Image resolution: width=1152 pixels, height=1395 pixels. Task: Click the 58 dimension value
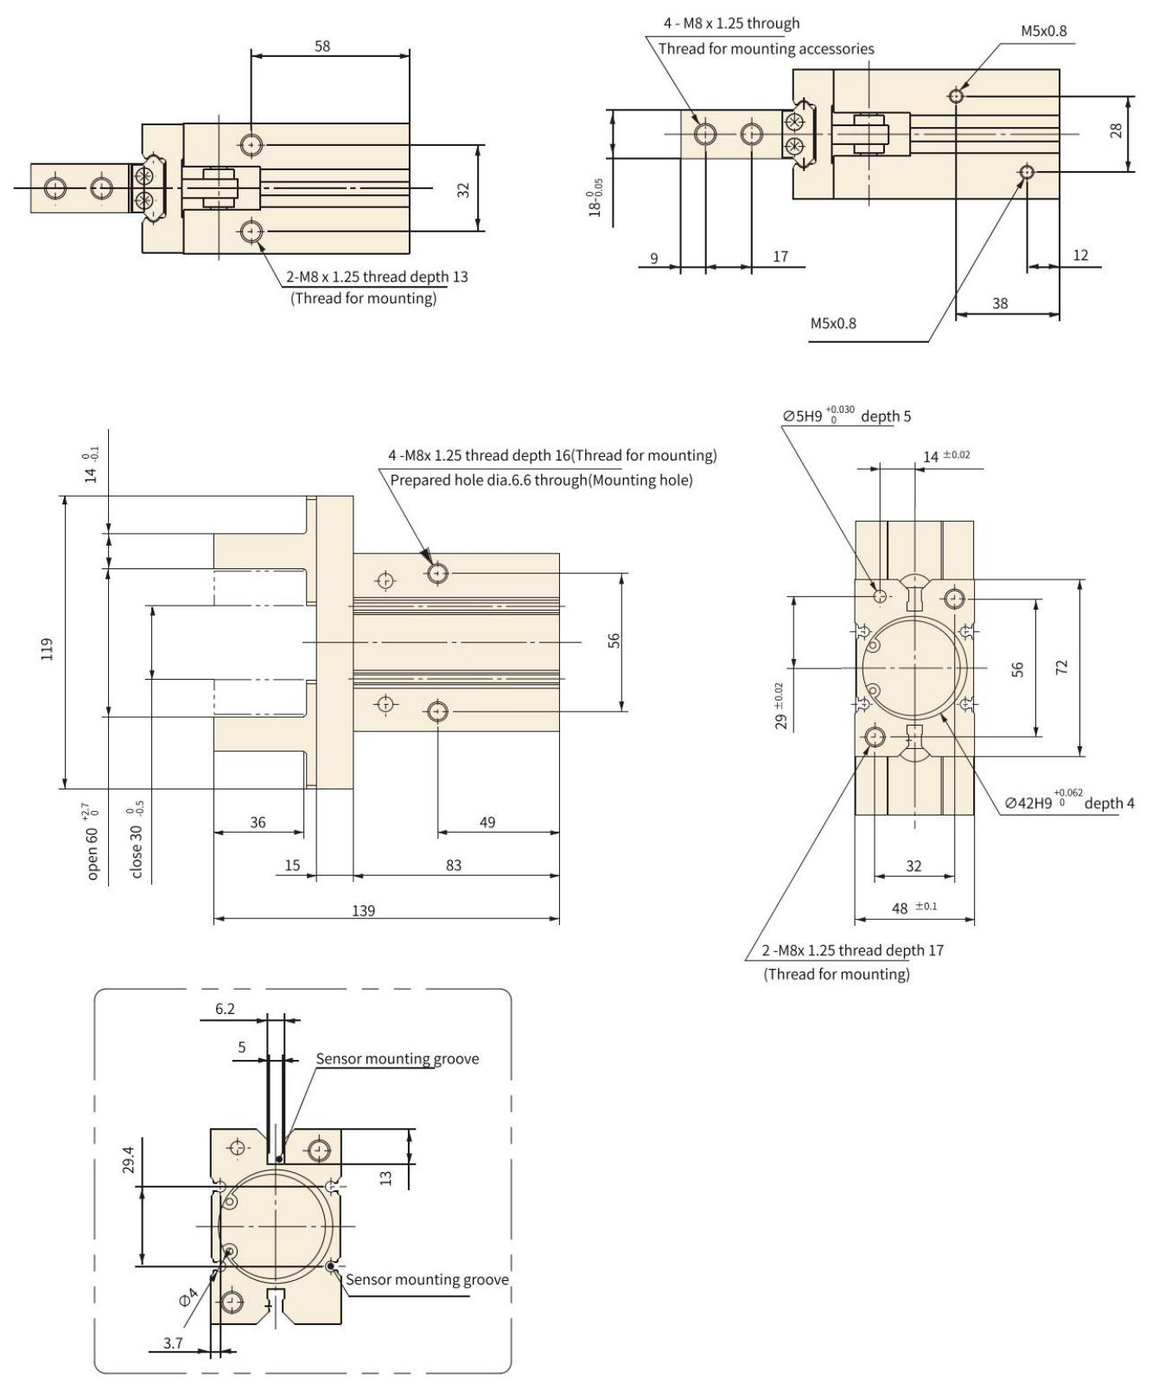tap(321, 46)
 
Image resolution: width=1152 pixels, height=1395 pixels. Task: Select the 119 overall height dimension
tap(48, 649)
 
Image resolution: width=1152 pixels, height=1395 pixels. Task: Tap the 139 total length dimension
tap(364, 910)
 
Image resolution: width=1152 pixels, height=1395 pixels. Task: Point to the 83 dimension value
tap(454, 866)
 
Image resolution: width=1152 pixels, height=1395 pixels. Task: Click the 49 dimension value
tap(487, 822)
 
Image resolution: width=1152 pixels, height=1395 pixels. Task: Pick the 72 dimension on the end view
tap(1062, 667)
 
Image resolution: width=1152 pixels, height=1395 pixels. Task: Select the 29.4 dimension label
tap(128, 1159)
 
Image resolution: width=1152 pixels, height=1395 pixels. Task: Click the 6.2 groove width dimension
tap(225, 1009)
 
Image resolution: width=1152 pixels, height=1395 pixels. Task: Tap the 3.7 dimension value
tap(173, 1342)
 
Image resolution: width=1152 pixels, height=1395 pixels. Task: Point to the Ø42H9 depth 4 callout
tap(1069, 802)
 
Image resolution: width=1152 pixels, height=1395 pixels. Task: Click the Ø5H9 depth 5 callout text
tap(847, 416)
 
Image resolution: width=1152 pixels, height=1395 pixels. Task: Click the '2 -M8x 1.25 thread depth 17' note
tap(852, 951)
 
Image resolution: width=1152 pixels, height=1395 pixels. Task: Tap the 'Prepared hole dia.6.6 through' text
tap(541, 480)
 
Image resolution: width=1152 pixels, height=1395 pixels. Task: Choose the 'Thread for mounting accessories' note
tap(766, 49)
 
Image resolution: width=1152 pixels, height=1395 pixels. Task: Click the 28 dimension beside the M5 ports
tap(1117, 130)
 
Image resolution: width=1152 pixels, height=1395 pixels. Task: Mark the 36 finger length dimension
tap(258, 822)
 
